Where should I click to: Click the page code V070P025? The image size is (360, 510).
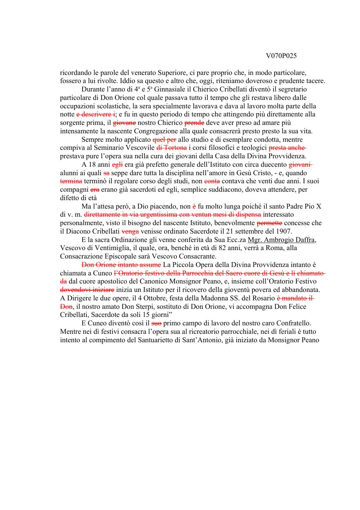281,56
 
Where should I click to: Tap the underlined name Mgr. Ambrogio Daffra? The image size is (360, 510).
282,240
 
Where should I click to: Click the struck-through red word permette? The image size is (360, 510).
270,223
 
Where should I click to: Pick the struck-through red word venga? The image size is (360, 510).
130,231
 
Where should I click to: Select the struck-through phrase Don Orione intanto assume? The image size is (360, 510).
121,264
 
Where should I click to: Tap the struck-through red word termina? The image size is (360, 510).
71,181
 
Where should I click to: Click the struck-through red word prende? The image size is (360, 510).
194,123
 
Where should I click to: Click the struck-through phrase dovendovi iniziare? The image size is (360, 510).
87,290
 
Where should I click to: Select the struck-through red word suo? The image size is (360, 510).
156,323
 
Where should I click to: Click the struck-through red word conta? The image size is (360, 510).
212,181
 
